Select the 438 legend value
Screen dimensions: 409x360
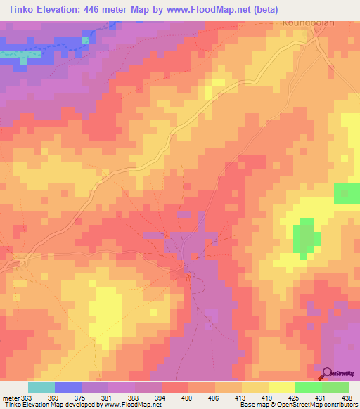click(x=346, y=398)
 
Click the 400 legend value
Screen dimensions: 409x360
click(x=187, y=398)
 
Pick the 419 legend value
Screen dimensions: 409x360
click(x=267, y=398)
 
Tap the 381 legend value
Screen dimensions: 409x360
click(x=107, y=398)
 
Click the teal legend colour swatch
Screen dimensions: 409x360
click(x=41, y=387)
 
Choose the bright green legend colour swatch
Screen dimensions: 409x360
click(x=308, y=387)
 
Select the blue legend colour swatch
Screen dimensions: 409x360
click(x=68, y=387)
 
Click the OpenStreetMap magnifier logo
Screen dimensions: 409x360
click(x=328, y=375)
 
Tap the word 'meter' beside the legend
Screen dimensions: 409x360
click(x=10, y=398)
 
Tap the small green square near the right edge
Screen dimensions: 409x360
click(x=345, y=193)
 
